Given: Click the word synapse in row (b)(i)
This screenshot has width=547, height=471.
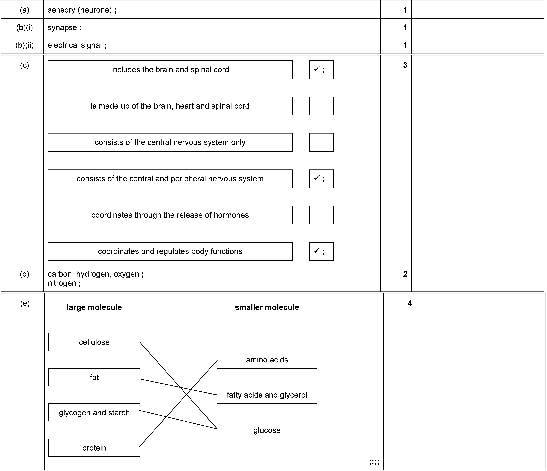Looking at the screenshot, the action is click(x=62, y=27).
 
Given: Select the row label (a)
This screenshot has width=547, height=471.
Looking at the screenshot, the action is click(x=25, y=10).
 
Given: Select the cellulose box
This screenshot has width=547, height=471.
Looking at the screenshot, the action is click(x=94, y=342).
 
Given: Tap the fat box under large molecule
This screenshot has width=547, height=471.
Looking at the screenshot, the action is click(x=94, y=377).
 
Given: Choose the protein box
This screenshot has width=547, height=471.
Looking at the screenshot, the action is click(x=94, y=448).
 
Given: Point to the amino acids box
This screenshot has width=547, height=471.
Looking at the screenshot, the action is click(x=267, y=360).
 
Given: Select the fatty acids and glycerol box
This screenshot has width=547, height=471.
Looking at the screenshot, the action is click(x=267, y=395).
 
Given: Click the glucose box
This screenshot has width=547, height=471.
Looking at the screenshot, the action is click(x=267, y=430).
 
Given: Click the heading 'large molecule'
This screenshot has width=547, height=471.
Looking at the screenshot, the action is click(x=94, y=307).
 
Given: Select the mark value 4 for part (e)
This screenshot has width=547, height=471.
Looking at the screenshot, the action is click(x=410, y=303).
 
